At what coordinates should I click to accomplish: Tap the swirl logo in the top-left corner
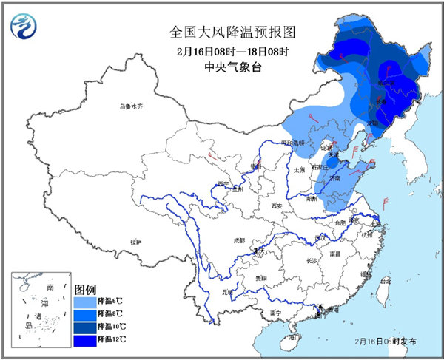(25, 28)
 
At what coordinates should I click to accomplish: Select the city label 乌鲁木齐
(130, 107)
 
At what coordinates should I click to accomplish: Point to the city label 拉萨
(135, 242)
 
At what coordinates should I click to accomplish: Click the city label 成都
(238, 240)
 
